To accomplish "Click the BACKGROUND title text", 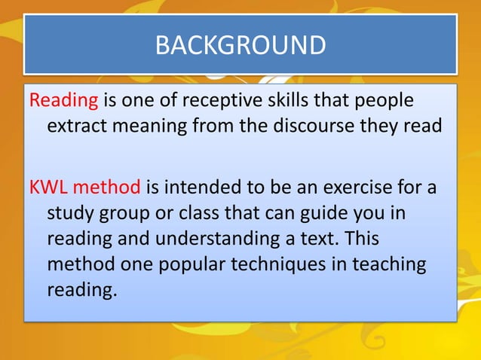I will (240, 45).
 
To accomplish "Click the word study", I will (71, 213).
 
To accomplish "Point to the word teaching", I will (392, 264).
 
